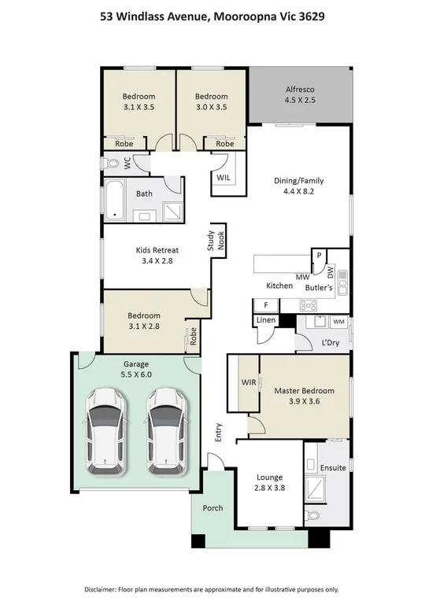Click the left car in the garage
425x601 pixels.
click(x=105, y=432)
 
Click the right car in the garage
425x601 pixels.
click(x=167, y=432)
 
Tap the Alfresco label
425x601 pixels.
click(x=300, y=90)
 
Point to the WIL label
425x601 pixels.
click(x=224, y=178)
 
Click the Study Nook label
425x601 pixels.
click(x=216, y=241)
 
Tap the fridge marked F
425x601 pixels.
click(x=266, y=305)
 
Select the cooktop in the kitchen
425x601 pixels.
click(x=309, y=305)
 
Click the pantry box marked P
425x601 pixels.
click(x=319, y=256)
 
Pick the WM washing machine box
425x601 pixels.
click(x=338, y=322)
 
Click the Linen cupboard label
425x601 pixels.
click(x=266, y=319)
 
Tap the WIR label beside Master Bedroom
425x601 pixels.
click(x=249, y=382)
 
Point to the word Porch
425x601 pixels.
click(x=213, y=508)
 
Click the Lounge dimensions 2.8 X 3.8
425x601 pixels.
click(x=270, y=488)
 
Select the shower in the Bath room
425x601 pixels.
click(x=173, y=212)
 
